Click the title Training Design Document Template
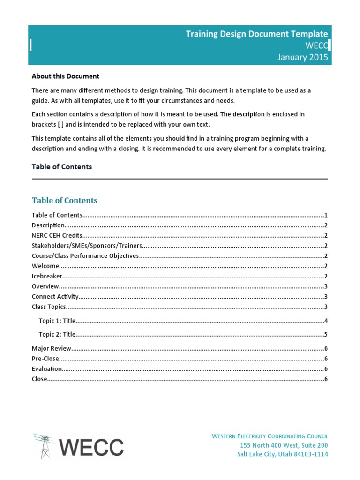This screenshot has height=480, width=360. pyautogui.click(x=257, y=34)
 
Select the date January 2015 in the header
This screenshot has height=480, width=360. pyautogui.click(x=302, y=57)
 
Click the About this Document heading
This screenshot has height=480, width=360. pyautogui.click(x=65, y=76)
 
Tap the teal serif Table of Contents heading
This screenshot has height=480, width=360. pyautogui.click(x=65, y=200)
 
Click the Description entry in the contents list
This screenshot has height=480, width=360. pyautogui.click(x=48, y=225)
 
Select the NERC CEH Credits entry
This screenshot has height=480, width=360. pyautogui.click(x=57, y=235)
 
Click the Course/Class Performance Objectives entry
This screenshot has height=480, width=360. pyautogui.click(x=85, y=256)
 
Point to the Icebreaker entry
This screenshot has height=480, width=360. pyautogui.click(x=47, y=276)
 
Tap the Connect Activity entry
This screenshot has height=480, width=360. pyautogui.click(x=55, y=297)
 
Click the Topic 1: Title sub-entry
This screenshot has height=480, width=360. pyautogui.click(x=57, y=321)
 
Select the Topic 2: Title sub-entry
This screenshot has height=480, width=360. pyautogui.click(x=57, y=335)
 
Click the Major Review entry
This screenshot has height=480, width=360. pyautogui.click(x=52, y=348)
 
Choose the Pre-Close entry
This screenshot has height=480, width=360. pyautogui.click(x=45, y=359)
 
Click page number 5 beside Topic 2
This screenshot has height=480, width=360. pyautogui.click(x=326, y=335)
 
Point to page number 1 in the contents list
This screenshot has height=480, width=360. pyautogui.click(x=326, y=215)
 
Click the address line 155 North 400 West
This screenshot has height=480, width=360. pyautogui.click(x=284, y=445)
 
